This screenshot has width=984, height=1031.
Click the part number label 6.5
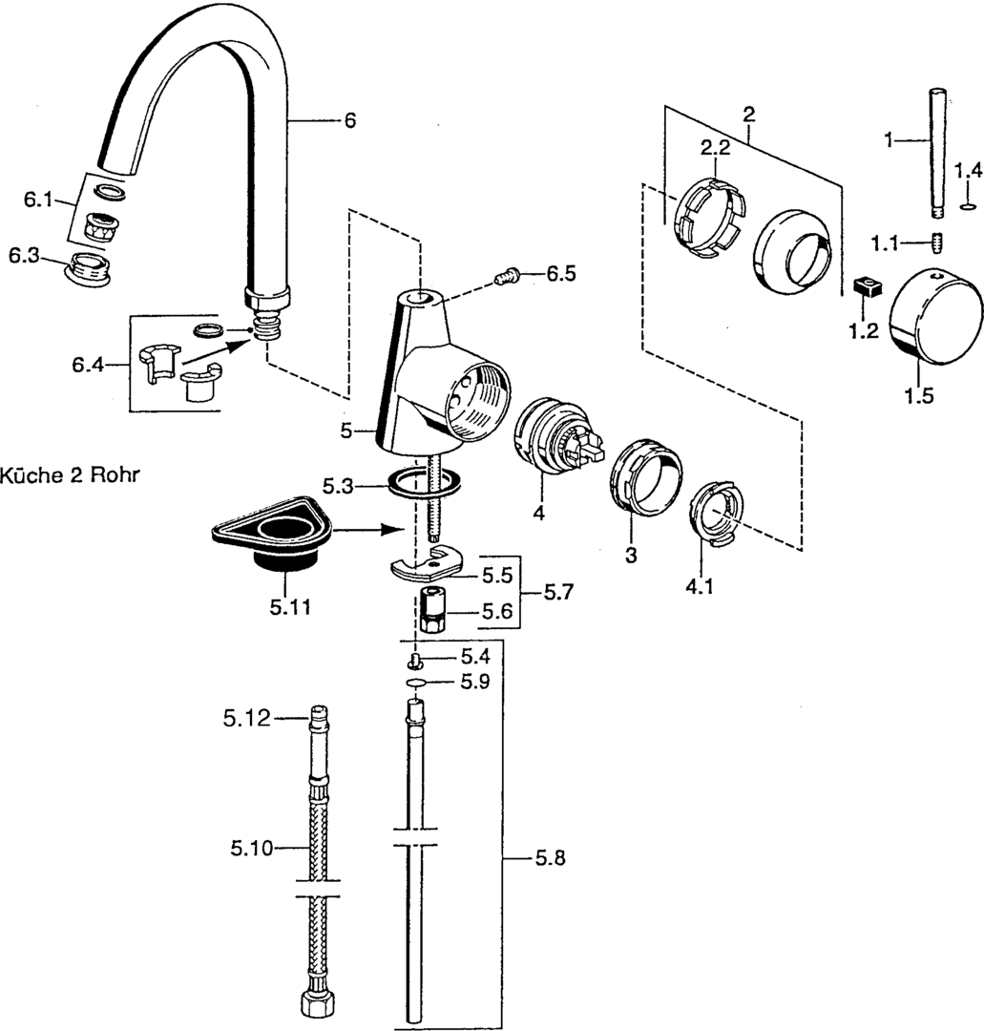(x=561, y=274)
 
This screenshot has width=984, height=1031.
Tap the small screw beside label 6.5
(x=507, y=276)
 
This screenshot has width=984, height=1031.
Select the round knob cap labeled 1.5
(x=928, y=316)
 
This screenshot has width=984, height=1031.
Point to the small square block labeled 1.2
(x=868, y=288)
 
